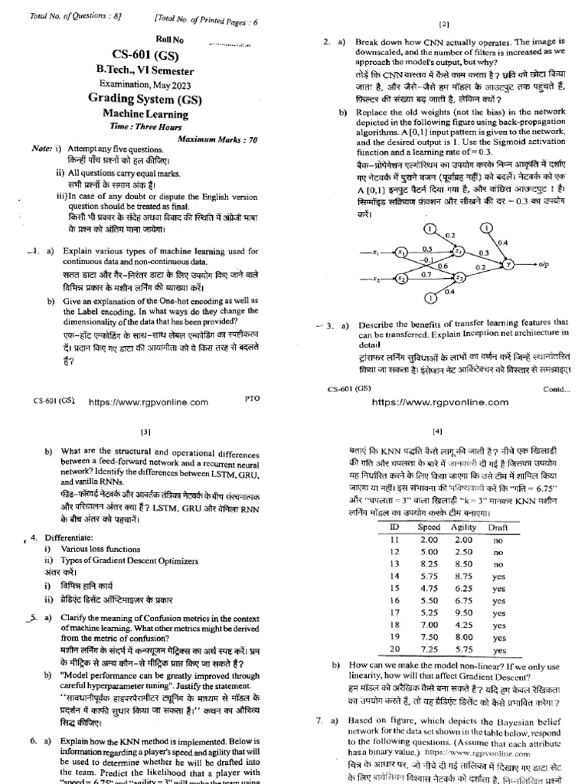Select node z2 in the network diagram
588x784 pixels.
click(459, 276)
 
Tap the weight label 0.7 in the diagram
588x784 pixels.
click(426, 273)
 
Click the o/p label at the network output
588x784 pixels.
click(544, 264)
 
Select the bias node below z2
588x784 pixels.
click(429, 297)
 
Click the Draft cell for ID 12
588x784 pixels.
click(498, 530)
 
